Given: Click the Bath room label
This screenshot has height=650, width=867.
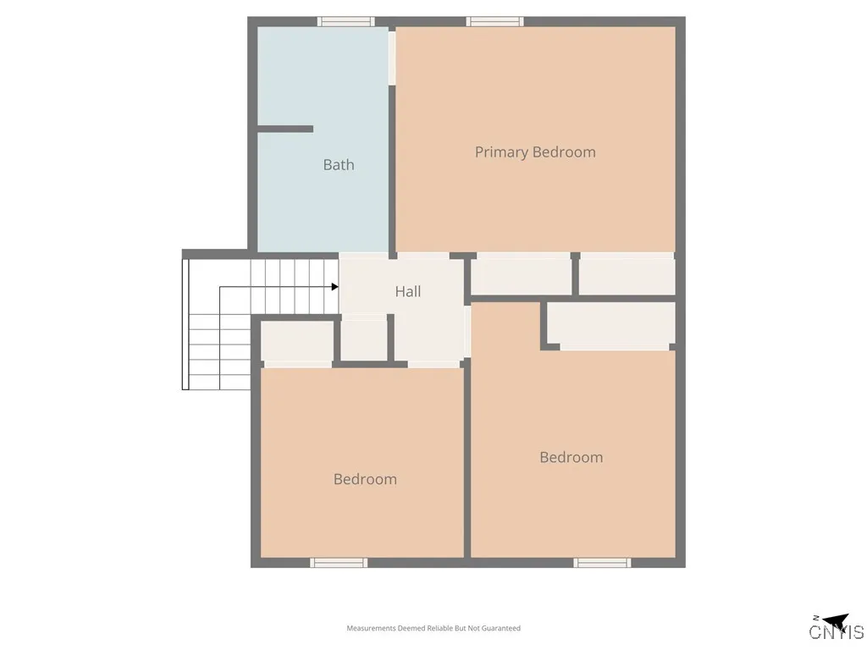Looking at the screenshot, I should point(339,165).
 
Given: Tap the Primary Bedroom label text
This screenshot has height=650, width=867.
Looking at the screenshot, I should point(535,152).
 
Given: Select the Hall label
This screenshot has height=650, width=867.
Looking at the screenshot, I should point(408,291).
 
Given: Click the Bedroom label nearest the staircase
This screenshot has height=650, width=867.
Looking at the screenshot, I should point(365,479).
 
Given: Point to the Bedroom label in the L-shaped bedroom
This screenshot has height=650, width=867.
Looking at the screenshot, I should point(572,457).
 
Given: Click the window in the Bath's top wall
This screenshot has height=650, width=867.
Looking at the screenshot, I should point(345,22).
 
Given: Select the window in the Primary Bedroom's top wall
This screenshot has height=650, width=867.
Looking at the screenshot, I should point(495,22).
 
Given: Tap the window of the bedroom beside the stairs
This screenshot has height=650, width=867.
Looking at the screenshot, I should point(339,562).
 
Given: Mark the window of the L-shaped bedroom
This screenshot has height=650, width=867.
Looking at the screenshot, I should point(602,562).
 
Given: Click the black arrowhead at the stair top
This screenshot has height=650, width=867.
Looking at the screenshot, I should point(335,287).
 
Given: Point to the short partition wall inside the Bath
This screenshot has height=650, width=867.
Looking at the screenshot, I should point(285,129).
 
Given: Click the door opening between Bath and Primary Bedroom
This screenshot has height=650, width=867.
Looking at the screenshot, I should point(392,58).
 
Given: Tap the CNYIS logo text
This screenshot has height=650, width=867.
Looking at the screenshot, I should point(836,632).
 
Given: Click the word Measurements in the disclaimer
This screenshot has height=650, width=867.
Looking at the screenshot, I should point(372,628).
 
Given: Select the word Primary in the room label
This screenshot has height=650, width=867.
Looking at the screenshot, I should point(501,152).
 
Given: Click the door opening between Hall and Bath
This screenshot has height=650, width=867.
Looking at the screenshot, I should point(364,255).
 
